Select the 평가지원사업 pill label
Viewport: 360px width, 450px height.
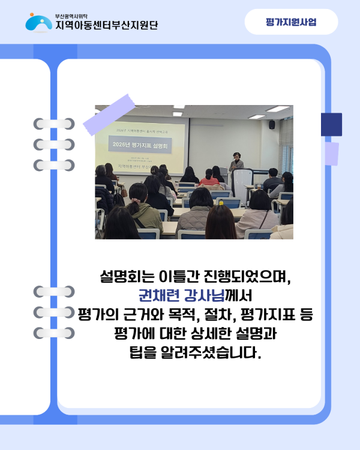[x=291, y=22]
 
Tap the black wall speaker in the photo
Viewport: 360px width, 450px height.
[x=272, y=124]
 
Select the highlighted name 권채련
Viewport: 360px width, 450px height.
[x=158, y=296]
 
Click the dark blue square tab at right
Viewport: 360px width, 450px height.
[x=331, y=124]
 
